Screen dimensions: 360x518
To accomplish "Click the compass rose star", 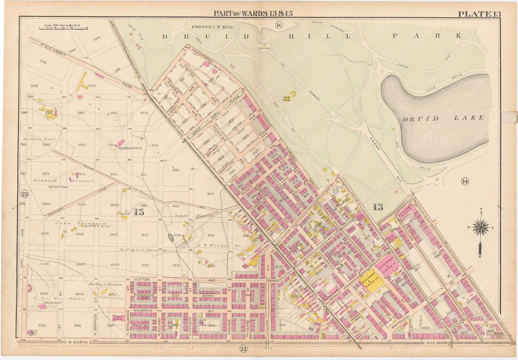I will coord(481,227).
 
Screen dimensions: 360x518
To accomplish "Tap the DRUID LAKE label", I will coord(443,118).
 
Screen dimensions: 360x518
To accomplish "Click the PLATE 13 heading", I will coord(479,14).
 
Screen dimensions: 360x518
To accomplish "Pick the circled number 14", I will coord(464,181).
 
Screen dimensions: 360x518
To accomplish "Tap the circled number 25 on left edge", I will coord(24,194).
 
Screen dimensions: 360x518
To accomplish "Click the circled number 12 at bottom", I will coord(243,348).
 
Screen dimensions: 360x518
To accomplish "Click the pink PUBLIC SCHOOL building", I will coord(118,317).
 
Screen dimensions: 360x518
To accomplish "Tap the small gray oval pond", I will coord(171,237).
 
